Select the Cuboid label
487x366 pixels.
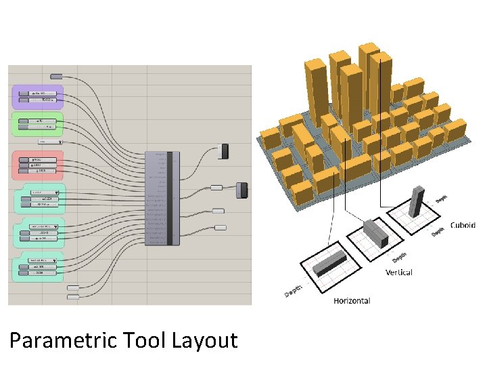coord(463,225)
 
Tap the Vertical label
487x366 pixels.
coord(398,272)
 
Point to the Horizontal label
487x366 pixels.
coord(351,300)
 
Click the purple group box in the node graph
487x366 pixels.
coord(37,96)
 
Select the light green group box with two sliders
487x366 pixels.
coord(37,124)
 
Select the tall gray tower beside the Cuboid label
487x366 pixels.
coord(417,203)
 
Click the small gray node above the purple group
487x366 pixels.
coord(57,76)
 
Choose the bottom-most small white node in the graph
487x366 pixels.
coord(73,296)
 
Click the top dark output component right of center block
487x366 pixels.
coord(225,151)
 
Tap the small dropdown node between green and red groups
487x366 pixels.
coord(50,142)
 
